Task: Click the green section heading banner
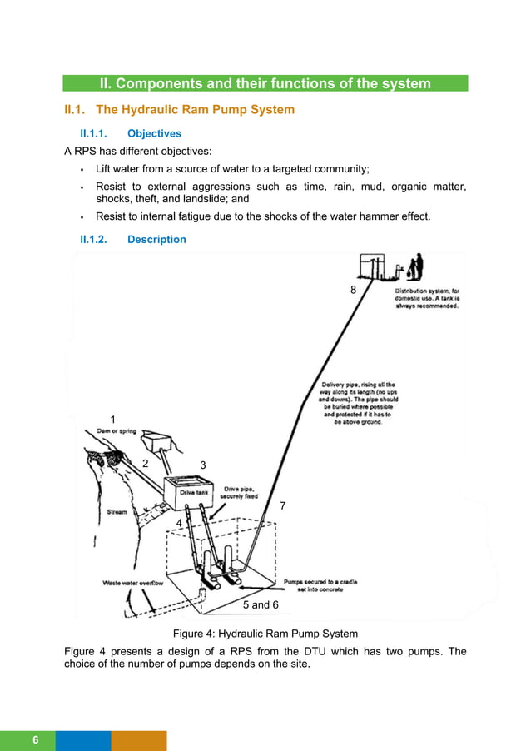(x=265, y=83)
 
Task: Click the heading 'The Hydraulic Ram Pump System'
(x=195, y=110)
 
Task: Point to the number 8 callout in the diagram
(x=353, y=290)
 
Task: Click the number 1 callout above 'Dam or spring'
(x=113, y=418)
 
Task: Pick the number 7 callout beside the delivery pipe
(x=282, y=505)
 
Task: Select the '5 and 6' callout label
(x=260, y=604)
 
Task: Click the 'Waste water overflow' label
(x=132, y=583)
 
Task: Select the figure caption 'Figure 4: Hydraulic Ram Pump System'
(x=265, y=633)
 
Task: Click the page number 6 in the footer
(x=36, y=740)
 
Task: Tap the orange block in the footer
(x=139, y=740)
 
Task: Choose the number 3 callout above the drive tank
(x=202, y=464)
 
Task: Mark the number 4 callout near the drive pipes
(x=178, y=521)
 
